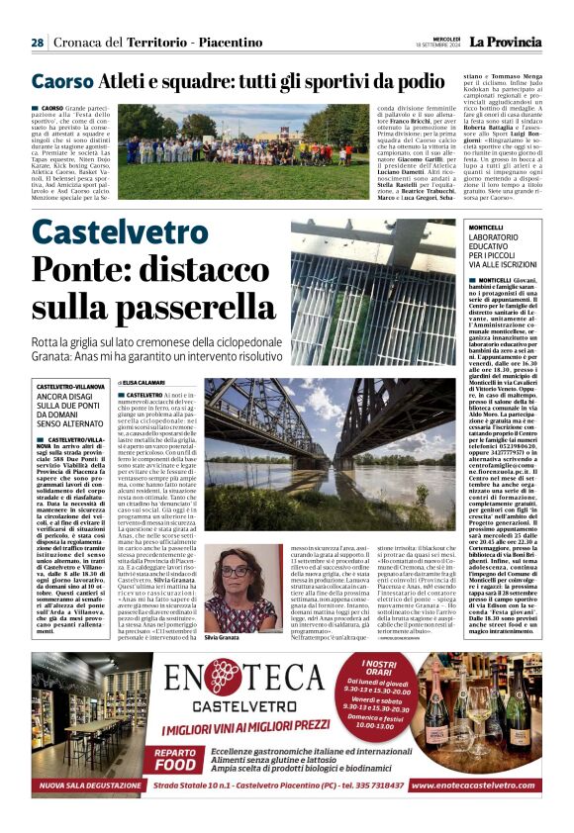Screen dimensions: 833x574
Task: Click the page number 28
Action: pyautogui.click(x=37, y=43)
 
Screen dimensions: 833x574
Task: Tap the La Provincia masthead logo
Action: pyautogui.click(x=505, y=42)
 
